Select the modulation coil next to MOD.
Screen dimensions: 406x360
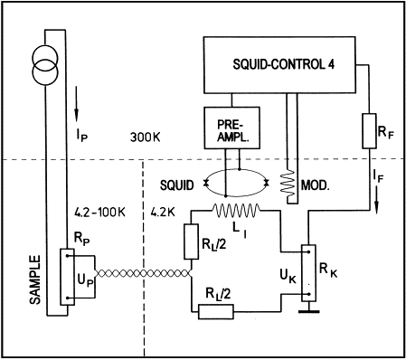(288, 185)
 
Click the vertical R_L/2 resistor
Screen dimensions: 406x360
(191, 242)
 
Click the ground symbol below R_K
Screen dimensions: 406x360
(309, 311)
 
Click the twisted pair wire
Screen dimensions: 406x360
(143, 273)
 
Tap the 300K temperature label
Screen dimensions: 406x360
(145, 137)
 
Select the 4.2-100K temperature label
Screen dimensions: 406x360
(99, 213)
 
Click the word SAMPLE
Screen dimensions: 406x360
(35, 279)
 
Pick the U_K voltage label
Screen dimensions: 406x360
(288, 277)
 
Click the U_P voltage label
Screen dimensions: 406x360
(85, 280)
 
